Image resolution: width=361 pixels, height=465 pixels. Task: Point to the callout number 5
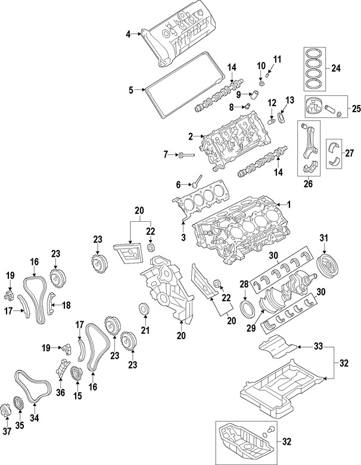coord(130,91)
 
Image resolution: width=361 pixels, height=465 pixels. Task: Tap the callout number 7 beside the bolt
coord(166,155)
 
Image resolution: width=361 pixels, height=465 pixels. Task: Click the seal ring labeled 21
coord(144,308)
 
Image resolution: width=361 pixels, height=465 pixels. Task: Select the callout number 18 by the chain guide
coord(66,305)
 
